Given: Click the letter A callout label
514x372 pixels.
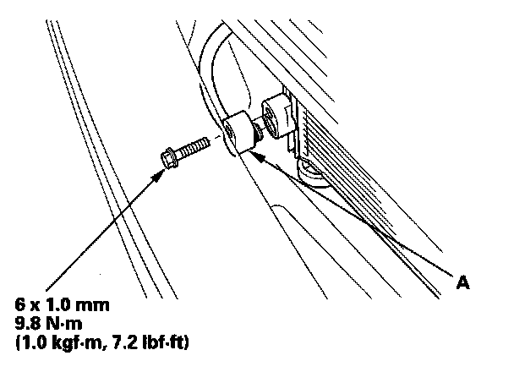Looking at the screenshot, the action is click(x=462, y=285).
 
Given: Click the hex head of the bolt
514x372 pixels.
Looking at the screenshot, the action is click(x=167, y=157).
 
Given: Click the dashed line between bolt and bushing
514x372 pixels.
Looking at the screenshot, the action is click(x=218, y=138).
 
